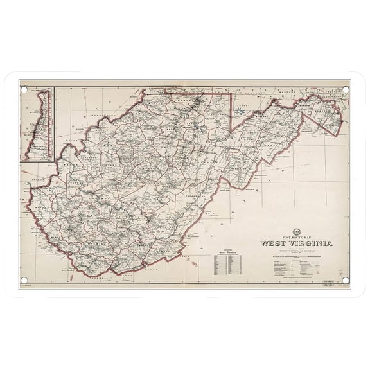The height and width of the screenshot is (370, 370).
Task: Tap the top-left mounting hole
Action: click(25, 91)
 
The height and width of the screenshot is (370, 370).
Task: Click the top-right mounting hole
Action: click(345, 91)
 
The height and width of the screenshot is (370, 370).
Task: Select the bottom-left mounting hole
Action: click(25, 279)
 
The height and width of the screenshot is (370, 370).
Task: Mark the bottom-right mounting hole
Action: click(345, 279)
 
